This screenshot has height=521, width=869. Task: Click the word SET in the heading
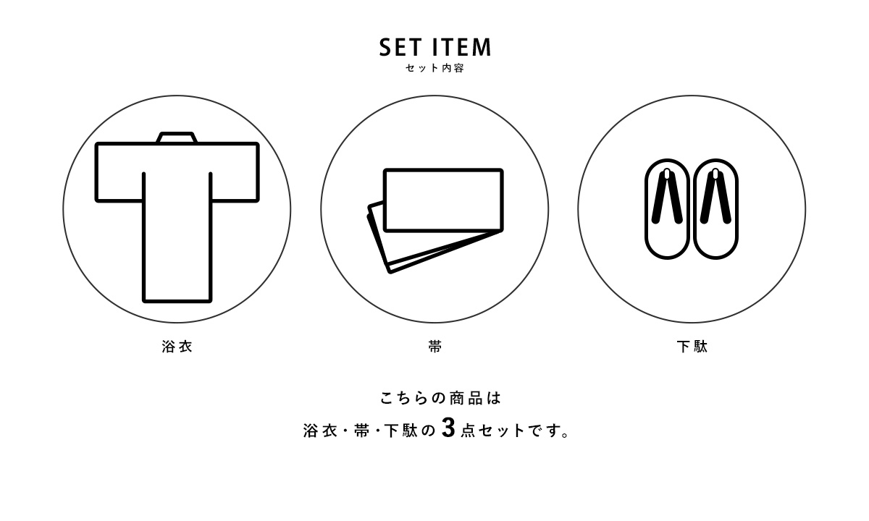pyautogui.click(x=400, y=47)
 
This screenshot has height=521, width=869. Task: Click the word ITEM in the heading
pyautogui.click(x=462, y=47)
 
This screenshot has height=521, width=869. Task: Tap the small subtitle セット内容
pyautogui.click(x=434, y=68)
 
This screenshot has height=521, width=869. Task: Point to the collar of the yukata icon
pyautogui.click(x=177, y=137)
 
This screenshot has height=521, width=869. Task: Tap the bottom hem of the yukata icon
pyautogui.click(x=177, y=300)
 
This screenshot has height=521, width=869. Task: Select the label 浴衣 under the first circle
pyautogui.click(x=177, y=346)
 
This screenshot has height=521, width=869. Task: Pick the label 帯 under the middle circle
pyautogui.click(x=435, y=346)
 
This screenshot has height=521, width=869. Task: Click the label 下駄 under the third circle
pyautogui.click(x=692, y=346)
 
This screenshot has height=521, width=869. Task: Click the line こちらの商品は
pyautogui.click(x=440, y=398)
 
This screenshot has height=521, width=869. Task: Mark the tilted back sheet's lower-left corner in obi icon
pyautogui.click(x=390, y=271)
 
